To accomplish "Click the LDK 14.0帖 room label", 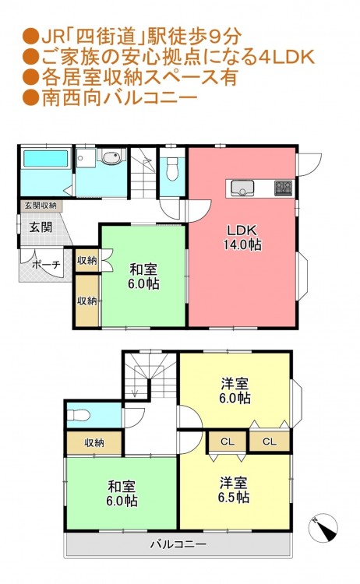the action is pyautogui.click(x=242, y=237).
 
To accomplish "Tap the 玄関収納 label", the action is pyautogui.click(x=41, y=206).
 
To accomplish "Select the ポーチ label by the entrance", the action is pyautogui.click(x=46, y=265).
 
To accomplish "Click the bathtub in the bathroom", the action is pyautogui.click(x=46, y=158).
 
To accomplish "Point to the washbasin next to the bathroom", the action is pyautogui.click(x=111, y=157).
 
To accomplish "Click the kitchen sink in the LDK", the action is pyautogui.click(x=242, y=188).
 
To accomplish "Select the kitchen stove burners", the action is pyautogui.click(x=284, y=188).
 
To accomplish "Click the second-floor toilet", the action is pyautogui.click(x=79, y=415).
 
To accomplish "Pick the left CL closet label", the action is pyautogui.click(x=228, y=442).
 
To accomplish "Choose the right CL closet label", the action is pyautogui.click(x=269, y=442).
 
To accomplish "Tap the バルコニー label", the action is pyautogui.click(x=178, y=544).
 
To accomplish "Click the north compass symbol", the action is pyautogui.click(x=323, y=528).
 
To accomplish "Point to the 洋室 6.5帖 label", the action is pyautogui.click(x=234, y=490).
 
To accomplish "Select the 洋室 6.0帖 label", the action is pyautogui.click(x=235, y=391).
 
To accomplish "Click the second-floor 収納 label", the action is pyautogui.click(x=94, y=443).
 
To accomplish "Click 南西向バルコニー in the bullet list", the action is pyautogui.click(x=120, y=98).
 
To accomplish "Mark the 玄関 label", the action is pyautogui.click(x=41, y=227).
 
